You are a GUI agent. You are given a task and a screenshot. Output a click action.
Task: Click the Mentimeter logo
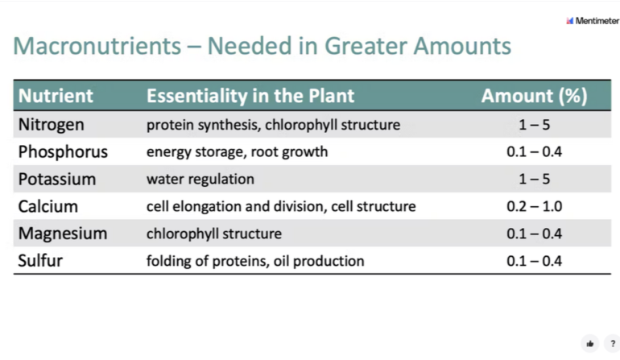pyautogui.click(x=593, y=21)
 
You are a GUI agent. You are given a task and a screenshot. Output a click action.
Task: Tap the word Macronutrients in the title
pyautogui.click(x=97, y=45)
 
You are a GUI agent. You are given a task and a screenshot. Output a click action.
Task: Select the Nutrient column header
pyautogui.click(x=56, y=96)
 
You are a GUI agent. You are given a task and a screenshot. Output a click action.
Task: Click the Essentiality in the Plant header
pyautogui.click(x=250, y=96)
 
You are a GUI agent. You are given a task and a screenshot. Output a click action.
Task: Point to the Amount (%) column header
pyautogui.click(x=534, y=96)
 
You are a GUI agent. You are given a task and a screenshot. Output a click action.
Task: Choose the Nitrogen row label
pyautogui.click(x=51, y=125)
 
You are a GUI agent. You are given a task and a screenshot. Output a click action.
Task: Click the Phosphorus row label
pyautogui.click(x=63, y=152)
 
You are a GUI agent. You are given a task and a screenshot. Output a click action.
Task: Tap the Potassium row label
pyautogui.click(x=57, y=180)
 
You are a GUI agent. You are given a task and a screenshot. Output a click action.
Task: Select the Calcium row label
pyautogui.click(x=48, y=206)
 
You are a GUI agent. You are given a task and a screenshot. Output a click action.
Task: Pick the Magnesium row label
pyautogui.click(x=63, y=234)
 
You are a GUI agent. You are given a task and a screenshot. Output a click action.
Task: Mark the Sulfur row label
pyautogui.click(x=40, y=261)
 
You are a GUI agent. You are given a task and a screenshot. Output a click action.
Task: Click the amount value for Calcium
pyautogui.click(x=534, y=206)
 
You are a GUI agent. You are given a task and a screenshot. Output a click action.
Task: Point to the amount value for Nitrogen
pyautogui.click(x=534, y=125)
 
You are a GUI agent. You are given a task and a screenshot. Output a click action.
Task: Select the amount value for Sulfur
pyautogui.click(x=534, y=261)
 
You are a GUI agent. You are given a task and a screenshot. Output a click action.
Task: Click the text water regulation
pyautogui.click(x=200, y=180)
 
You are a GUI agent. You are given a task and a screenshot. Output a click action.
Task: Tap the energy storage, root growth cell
pyautogui.click(x=237, y=152)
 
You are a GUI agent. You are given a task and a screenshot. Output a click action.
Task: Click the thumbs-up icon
pyautogui.click(x=590, y=343)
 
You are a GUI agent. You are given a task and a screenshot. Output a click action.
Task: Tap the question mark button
pyautogui.click(x=613, y=343)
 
